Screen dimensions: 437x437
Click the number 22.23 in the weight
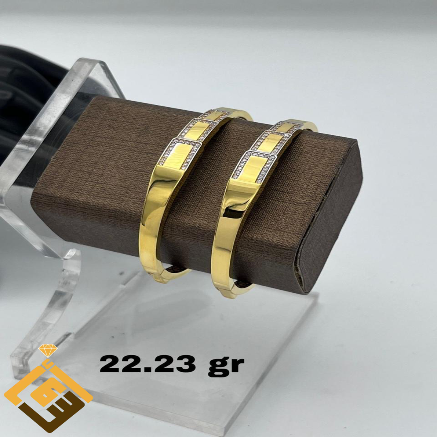click(x=148, y=364)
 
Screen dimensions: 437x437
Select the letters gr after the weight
click(x=226, y=366)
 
